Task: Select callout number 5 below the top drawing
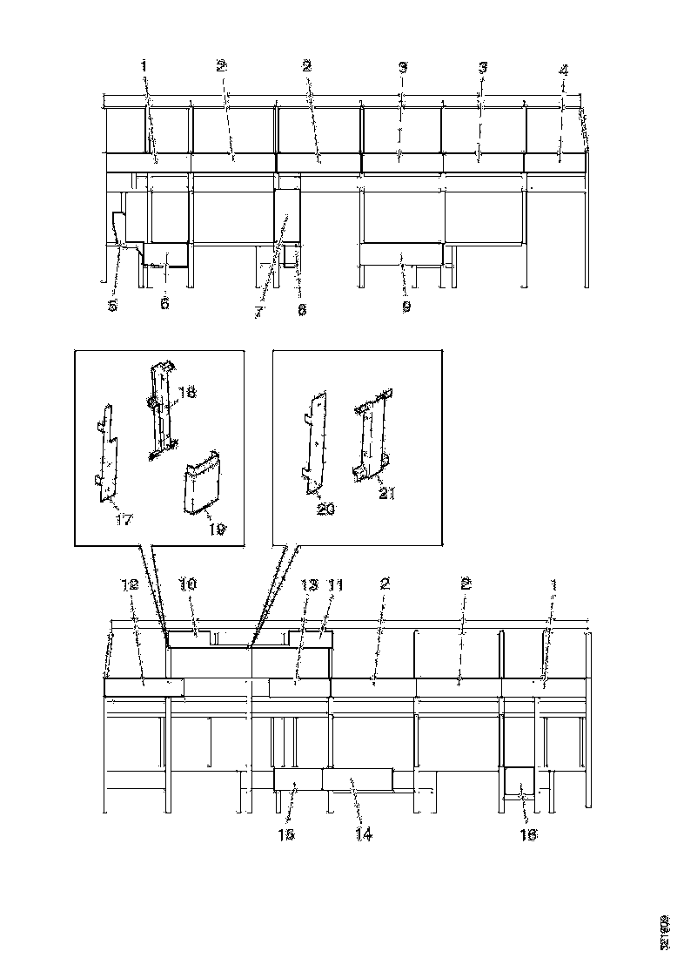(x=112, y=305)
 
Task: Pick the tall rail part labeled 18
(x=162, y=409)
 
